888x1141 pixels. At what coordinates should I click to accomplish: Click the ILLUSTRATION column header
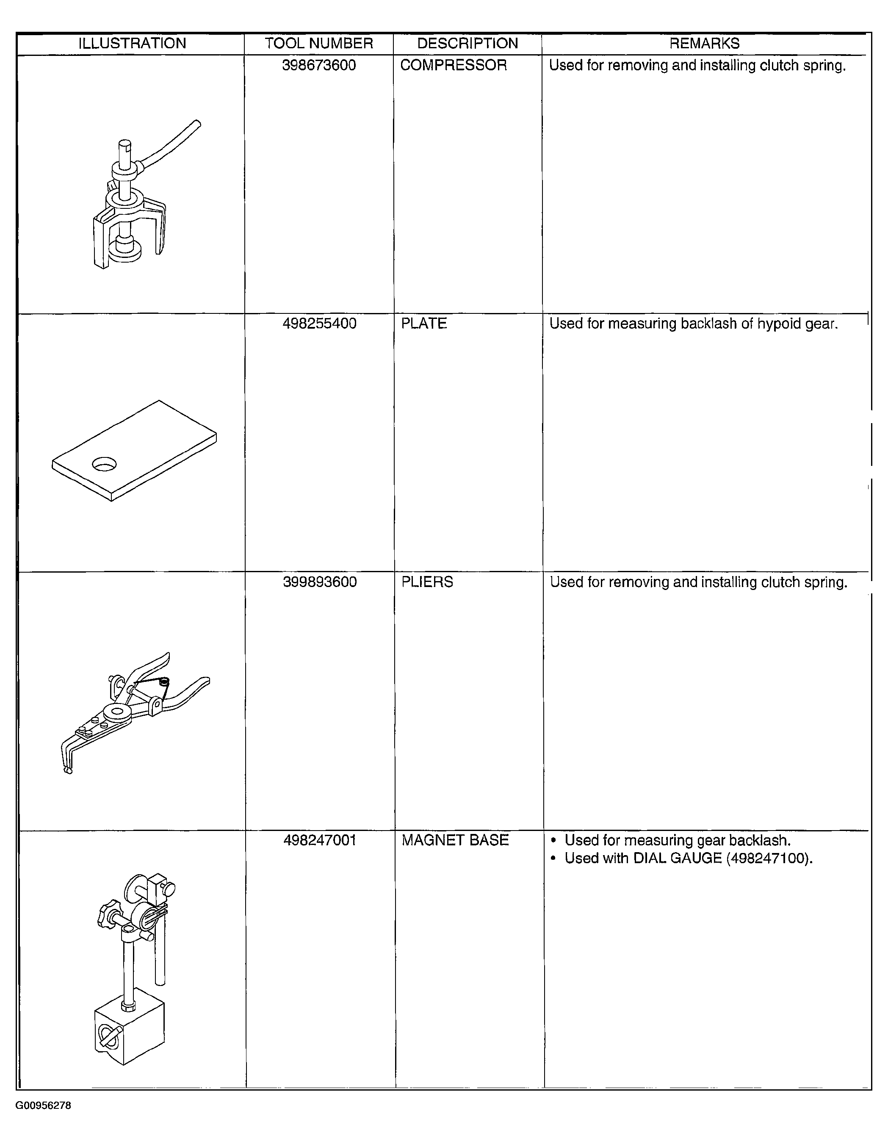[x=132, y=43]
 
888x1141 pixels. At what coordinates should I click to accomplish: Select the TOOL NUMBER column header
[x=318, y=43]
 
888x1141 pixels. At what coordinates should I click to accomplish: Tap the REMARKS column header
[x=705, y=43]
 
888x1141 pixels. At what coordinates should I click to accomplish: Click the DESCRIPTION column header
[x=468, y=43]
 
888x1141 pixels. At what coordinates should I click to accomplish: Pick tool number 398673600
[x=318, y=65]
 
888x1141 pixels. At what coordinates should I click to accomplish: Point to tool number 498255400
[x=320, y=324]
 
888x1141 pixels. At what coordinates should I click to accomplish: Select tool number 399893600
[x=320, y=582]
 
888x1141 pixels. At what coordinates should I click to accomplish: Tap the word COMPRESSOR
[x=454, y=65]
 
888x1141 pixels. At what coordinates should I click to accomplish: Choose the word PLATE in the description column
[x=423, y=324]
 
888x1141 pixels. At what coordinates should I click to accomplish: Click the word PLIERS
[x=427, y=582]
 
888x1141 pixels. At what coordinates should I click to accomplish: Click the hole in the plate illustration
[x=104, y=463]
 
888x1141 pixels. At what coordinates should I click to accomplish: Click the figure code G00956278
[x=43, y=1105]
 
